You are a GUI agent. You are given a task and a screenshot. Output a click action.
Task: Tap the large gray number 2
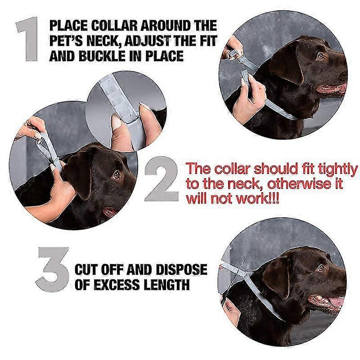coord(162,179)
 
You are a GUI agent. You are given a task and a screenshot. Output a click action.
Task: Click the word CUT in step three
coord(88,270)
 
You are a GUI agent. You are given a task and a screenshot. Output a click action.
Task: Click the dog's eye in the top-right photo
coord(320,56)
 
